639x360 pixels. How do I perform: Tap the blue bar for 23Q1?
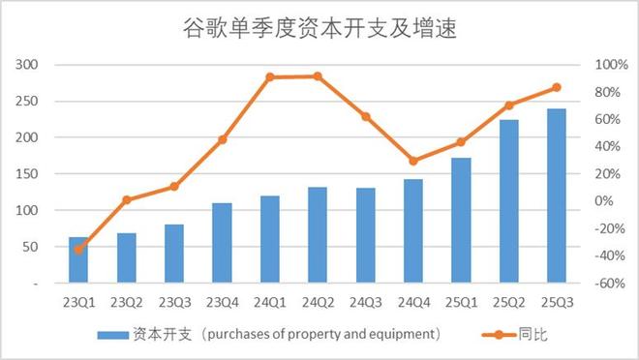pos(79,260)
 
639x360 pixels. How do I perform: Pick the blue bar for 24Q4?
pos(413,231)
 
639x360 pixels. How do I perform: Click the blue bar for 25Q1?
pos(462,221)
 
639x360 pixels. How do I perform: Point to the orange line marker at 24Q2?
pos(318,76)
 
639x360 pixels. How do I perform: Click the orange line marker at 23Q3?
pos(174,187)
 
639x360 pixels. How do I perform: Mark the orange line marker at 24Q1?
pos(270,77)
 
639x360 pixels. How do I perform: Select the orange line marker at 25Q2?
pos(509,105)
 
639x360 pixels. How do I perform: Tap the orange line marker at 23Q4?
pos(223,139)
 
